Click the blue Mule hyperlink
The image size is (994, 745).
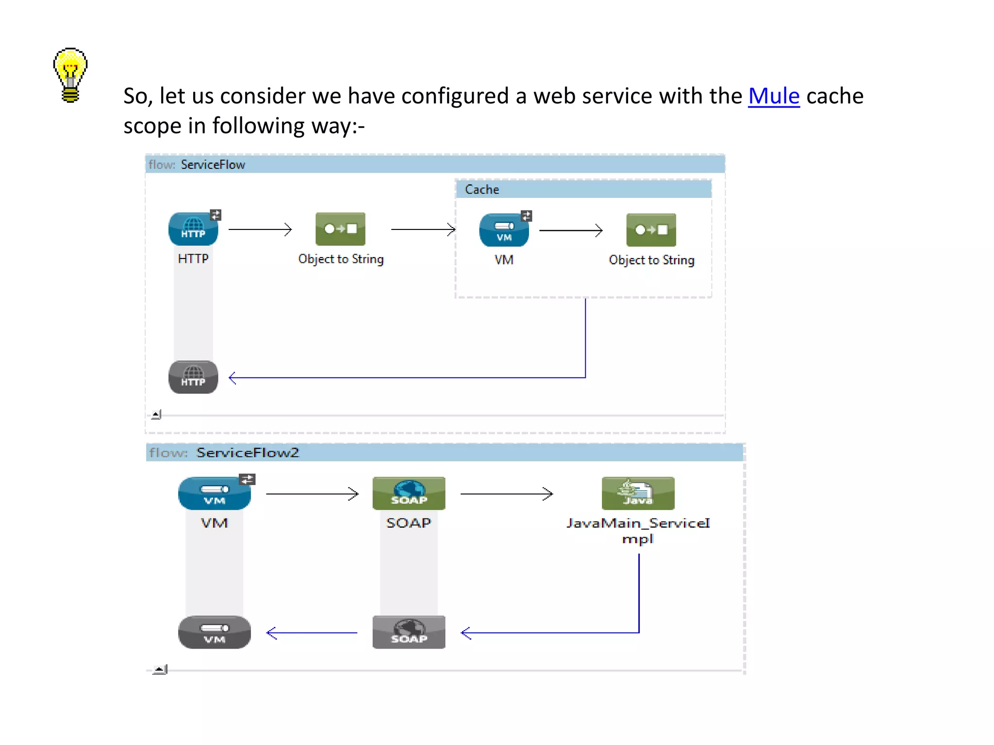click(x=773, y=96)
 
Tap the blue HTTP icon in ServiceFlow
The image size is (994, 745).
click(x=193, y=229)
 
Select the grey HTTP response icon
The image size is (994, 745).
click(x=193, y=377)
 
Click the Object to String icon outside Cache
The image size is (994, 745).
click(x=340, y=229)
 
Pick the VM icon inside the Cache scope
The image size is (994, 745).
click(x=504, y=230)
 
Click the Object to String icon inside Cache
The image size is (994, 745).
click(x=651, y=230)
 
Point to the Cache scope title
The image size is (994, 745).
click(x=481, y=189)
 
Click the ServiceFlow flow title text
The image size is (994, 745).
click(x=213, y=165)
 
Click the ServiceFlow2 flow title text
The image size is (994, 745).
click(x=248, y=453)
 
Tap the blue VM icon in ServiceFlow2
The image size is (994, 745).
click(x=214, y=493)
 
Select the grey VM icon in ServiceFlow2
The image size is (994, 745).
click(x=214, y=632)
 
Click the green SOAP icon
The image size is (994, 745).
click(x=409, y=493)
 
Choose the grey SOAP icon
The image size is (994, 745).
click(x=409, y=632)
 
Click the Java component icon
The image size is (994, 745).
click(x=638, y=493)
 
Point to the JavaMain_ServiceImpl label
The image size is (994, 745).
click(x=638, y=530)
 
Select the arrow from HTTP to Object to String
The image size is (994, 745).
click(x=260, y=229)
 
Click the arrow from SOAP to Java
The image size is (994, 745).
click(x=506, y=494)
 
